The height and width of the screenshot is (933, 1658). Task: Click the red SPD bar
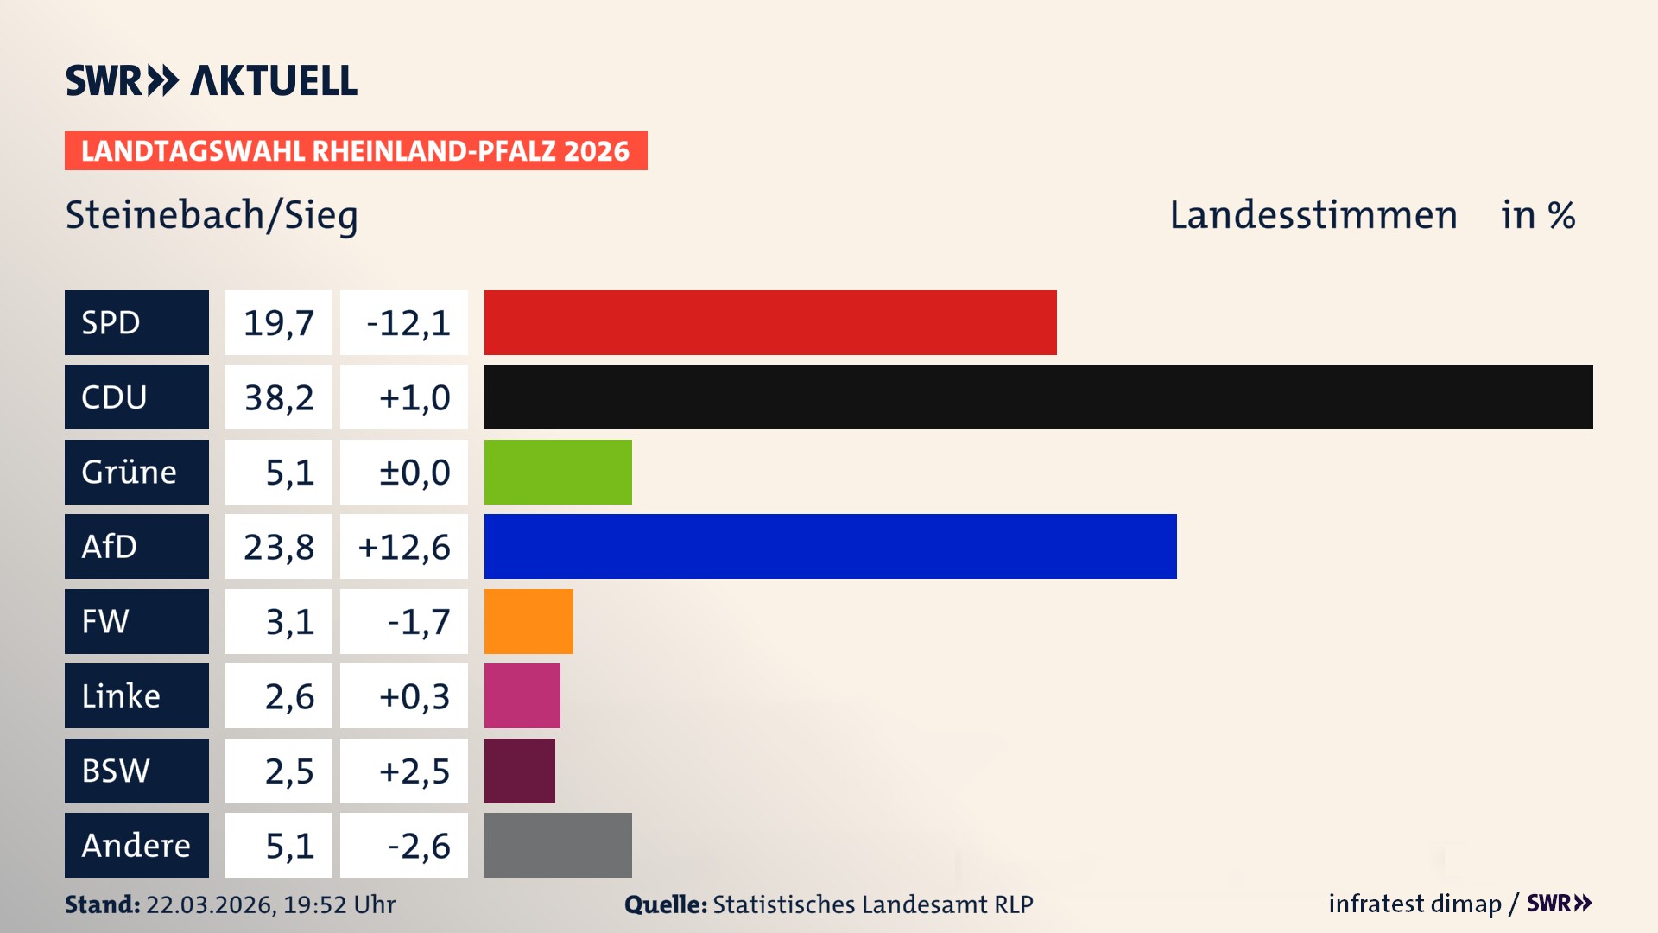tap(770, 322)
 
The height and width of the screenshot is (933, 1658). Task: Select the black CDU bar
tap(1038, 397)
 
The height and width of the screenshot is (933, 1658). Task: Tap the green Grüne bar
tap(558, 472)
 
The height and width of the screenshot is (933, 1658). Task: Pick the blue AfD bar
tap(830, 547)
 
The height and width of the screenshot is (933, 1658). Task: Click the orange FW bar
tap(528, 621)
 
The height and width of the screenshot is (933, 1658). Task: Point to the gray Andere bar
tap(558, 845)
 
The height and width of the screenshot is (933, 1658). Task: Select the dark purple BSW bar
tap(520, 771)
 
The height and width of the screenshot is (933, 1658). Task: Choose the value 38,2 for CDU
tap(278, 397)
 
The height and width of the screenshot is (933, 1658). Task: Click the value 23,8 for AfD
tap(278, 547)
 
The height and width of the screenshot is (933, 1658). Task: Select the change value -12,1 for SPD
tap(408, 322)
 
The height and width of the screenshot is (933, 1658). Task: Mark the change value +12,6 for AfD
tap(404, 547)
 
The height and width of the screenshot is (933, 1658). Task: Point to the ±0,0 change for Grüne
tap(414, 472)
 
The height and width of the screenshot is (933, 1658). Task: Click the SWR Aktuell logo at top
tap(212, 80)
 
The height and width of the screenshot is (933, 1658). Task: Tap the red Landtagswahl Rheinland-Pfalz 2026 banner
tap(356, 151)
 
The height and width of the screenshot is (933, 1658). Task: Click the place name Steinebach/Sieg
tap(212, 215)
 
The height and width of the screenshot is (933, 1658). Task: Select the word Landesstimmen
tap(1313, 215)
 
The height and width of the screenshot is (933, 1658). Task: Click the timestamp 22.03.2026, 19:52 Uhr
tap(269, 904)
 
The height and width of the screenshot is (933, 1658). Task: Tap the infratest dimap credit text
tap(1414, 904)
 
